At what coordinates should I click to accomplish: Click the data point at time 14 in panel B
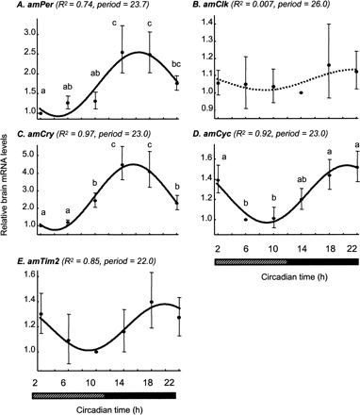click(x=301, y=92)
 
